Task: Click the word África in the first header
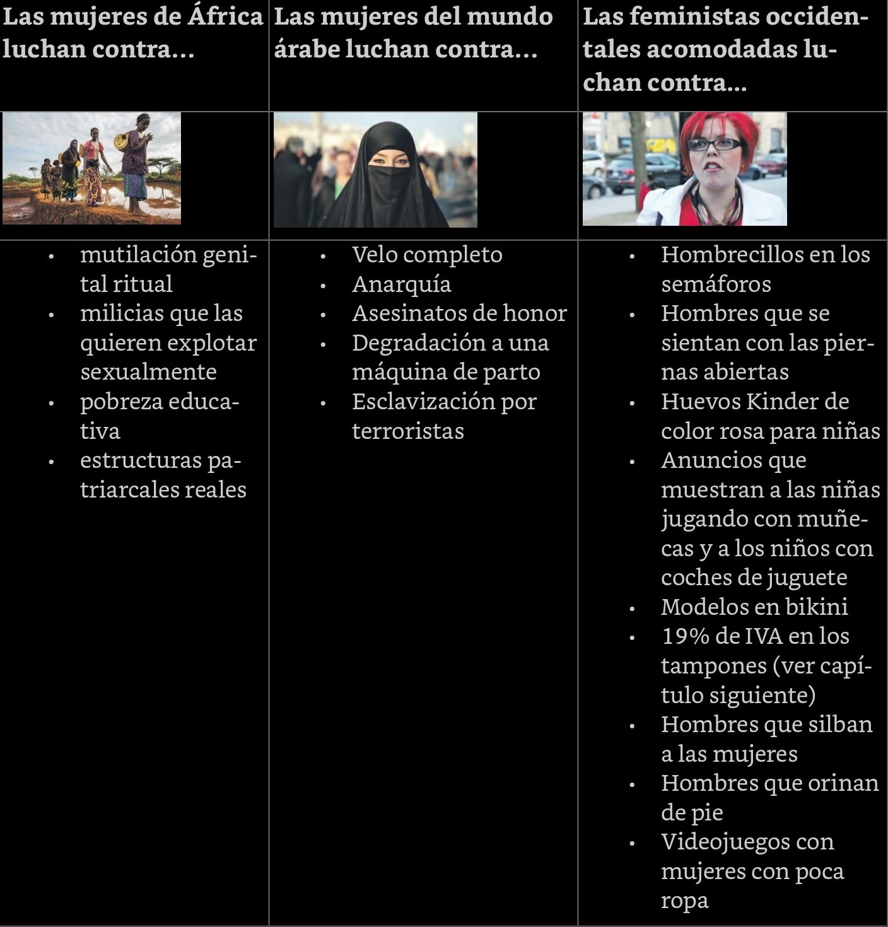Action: point(225,16)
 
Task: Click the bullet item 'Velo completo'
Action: point(427,255)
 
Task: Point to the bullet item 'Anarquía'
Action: point(402,284)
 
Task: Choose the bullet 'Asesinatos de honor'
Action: point(459,313)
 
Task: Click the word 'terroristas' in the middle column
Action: point(407,431)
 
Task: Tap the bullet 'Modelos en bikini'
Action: point(754,607)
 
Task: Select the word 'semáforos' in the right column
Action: point(716,284)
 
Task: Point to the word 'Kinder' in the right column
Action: point(776,402)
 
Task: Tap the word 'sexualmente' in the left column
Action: point(148,372)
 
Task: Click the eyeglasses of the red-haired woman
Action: point(713,144)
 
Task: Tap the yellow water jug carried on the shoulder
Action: point(121,139)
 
